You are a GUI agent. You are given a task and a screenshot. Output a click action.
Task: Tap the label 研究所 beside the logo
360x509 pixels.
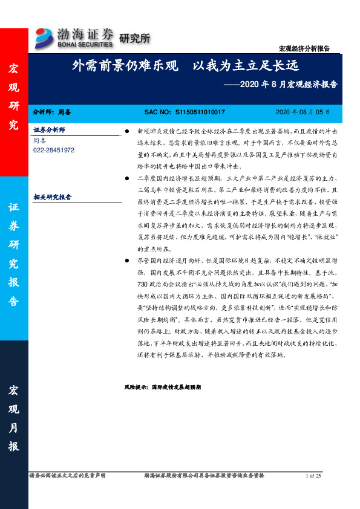tap(134, 39)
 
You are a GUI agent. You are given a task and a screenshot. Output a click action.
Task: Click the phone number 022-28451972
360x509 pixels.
tap(54, 149)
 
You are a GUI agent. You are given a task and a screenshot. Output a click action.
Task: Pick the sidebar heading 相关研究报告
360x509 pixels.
tap(52, 196)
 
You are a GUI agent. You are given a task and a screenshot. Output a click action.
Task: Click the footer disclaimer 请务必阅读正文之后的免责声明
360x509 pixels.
tap(67, 476)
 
